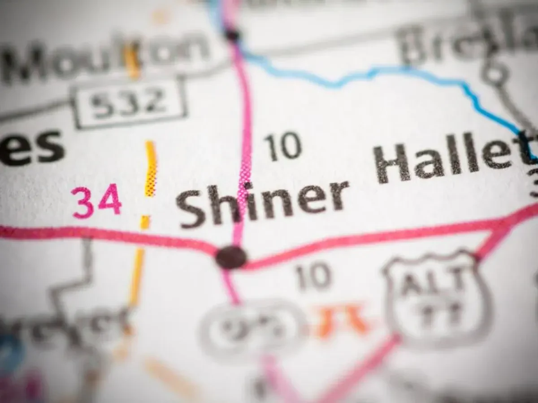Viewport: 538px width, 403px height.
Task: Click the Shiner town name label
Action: [x=262, y=204]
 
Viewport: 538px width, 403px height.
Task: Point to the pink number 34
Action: [x=96, y=201]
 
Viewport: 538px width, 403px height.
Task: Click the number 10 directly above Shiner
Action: [x=282, y=146]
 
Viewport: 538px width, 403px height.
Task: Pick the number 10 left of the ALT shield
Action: [x=313, y=276]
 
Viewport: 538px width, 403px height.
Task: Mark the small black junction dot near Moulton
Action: [x=232, y=34]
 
